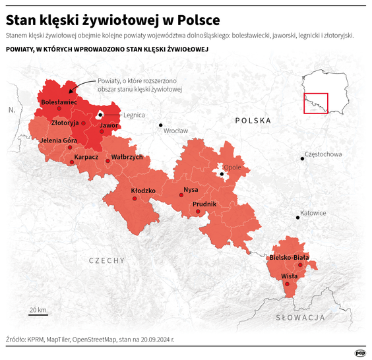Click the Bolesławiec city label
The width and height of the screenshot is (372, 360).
59,103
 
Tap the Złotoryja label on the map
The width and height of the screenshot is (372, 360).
65,123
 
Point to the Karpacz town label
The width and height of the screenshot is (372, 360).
86,158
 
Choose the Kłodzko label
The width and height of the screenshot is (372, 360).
142,190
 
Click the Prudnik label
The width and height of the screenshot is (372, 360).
204,204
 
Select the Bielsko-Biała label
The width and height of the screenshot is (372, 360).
289,258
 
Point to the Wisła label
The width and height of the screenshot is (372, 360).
289,276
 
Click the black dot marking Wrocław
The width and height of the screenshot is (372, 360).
160,125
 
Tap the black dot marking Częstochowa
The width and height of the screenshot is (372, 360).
301,159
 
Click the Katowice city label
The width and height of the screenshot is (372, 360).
313,213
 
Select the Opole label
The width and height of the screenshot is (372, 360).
232,167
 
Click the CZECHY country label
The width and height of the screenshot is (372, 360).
107,260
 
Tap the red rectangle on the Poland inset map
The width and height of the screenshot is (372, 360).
316,103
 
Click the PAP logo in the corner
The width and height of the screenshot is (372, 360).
360,352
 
